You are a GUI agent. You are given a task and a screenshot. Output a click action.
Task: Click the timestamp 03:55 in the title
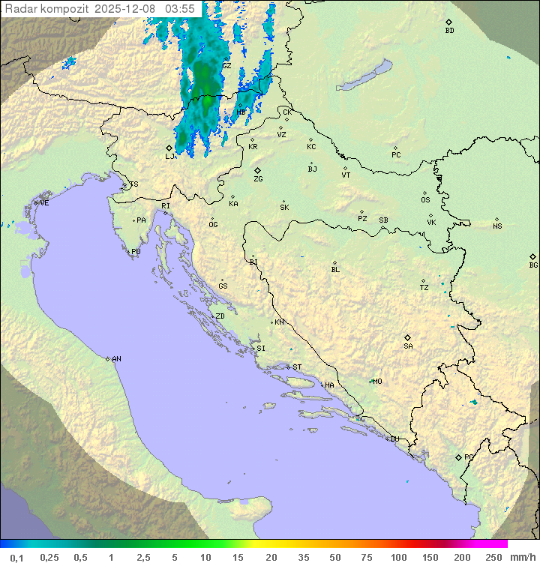[x=180, y=9]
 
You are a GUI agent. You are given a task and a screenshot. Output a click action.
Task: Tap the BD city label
[x=449, y=31]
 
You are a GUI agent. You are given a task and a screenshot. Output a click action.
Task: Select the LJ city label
[x=169, y=157]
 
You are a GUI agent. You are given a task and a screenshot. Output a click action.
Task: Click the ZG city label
[x=258, y=179]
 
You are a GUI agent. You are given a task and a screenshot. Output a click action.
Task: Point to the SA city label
[x=408, y=346]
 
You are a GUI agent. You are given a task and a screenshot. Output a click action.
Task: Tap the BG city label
[x=533, y=265]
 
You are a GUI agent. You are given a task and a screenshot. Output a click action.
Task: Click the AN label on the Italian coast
[x=116, y=359]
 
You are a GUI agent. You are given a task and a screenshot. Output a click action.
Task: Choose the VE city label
[x=44, y=203]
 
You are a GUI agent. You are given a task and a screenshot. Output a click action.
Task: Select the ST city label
[x=297, y=367]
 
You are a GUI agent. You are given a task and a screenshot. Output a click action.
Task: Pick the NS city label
[x=497, y=226]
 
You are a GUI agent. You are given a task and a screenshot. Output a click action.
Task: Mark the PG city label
[x=469, y=457]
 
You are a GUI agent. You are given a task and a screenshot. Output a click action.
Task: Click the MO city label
[x=377, y=382]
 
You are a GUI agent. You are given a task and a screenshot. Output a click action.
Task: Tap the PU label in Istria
[x=136, y=252]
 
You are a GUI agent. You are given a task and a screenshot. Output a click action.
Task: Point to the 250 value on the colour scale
[x=493, y=557]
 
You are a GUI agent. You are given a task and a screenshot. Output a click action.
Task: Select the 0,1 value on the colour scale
[x=16, y=557]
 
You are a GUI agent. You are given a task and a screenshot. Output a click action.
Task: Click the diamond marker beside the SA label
[x=408, y=337]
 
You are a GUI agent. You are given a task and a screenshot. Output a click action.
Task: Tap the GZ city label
[x=226, y=65]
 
